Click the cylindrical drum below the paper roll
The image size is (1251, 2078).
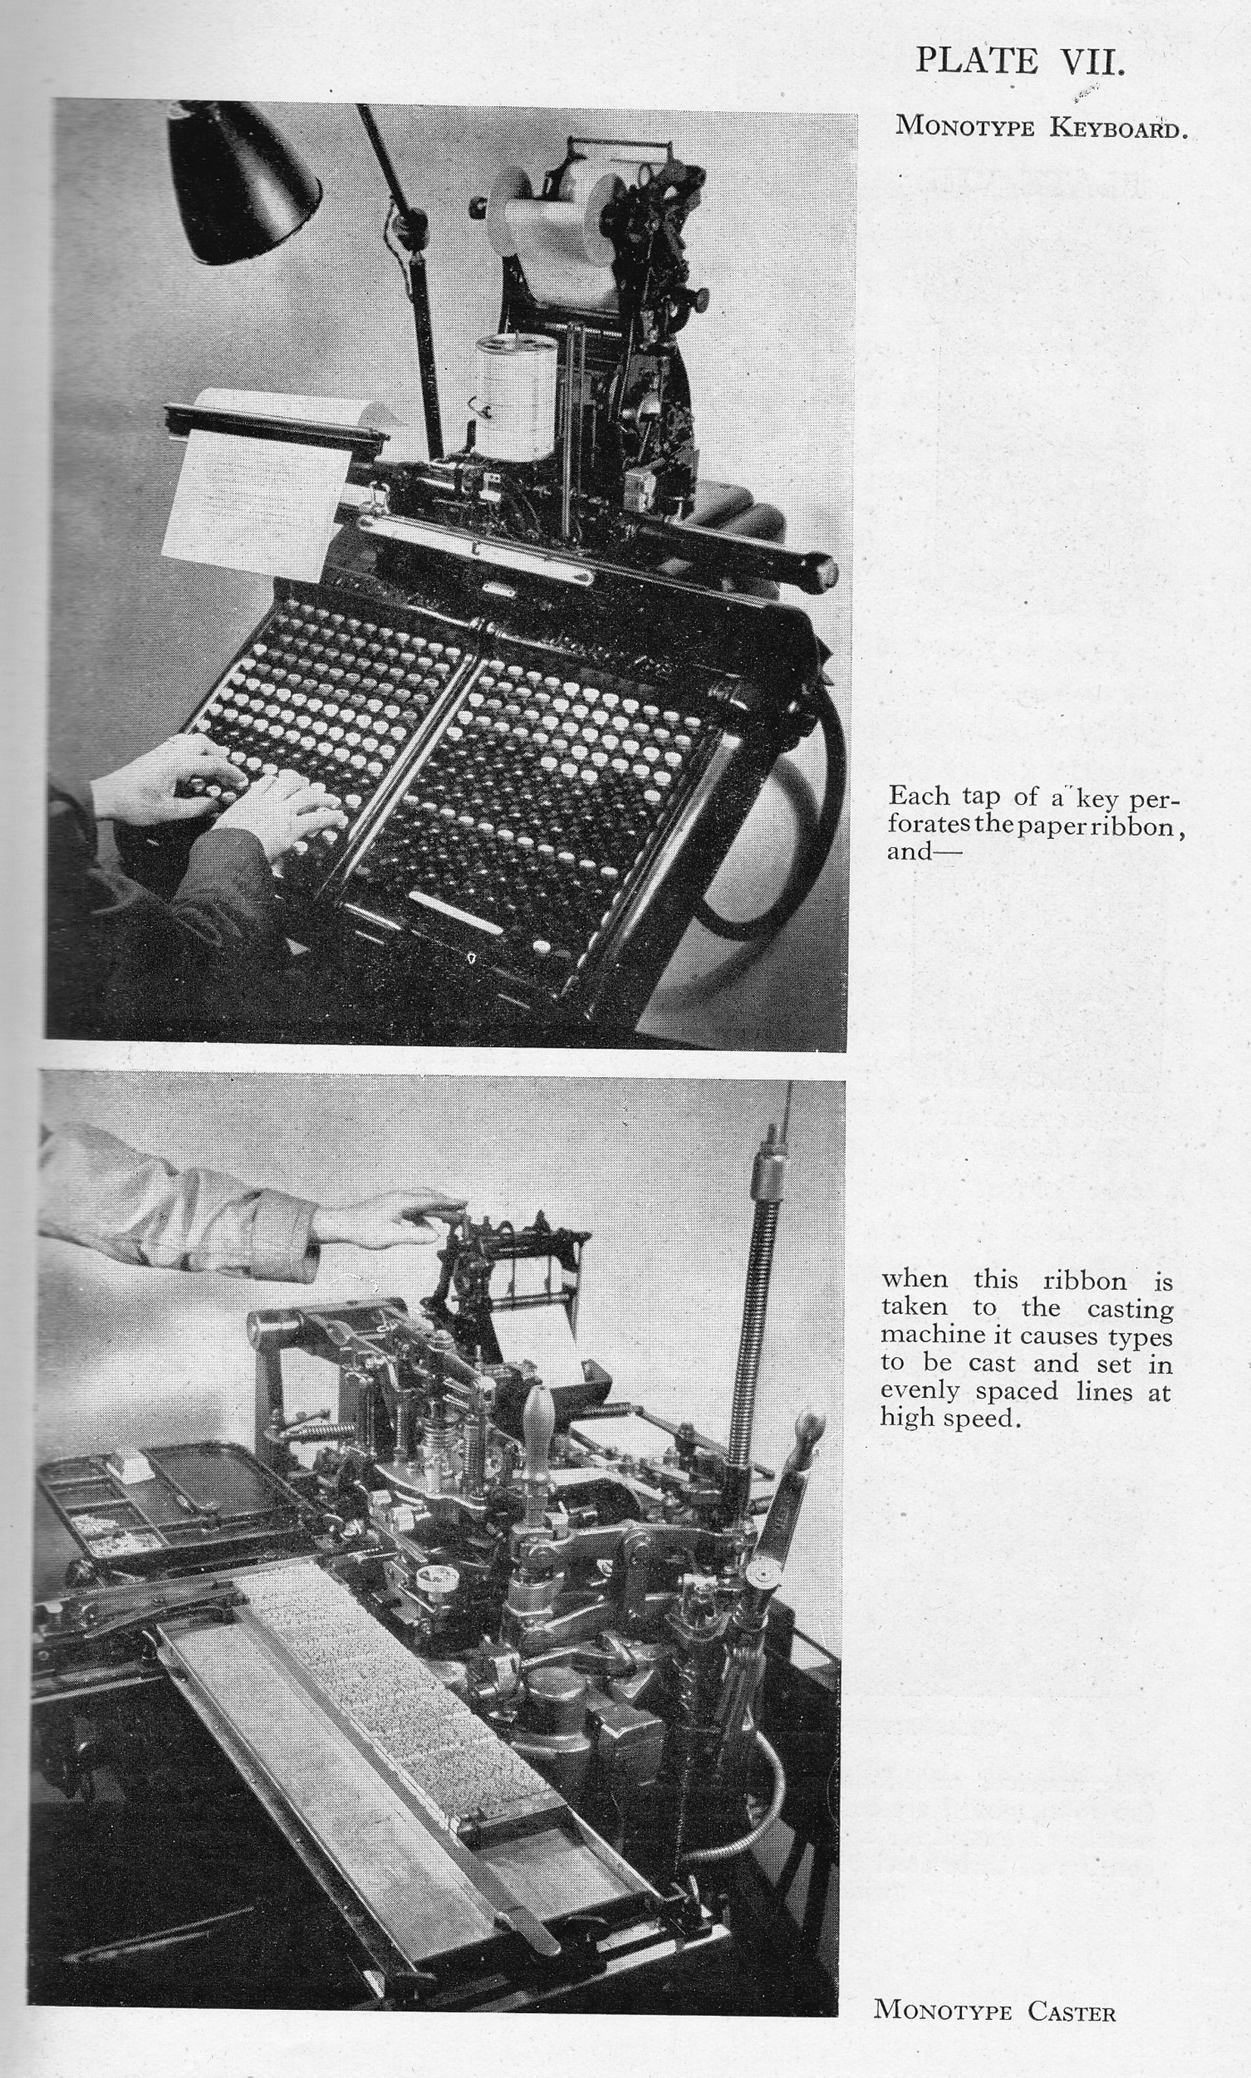[x=516, y=396]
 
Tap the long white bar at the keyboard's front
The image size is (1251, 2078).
[x=455, y=912]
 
